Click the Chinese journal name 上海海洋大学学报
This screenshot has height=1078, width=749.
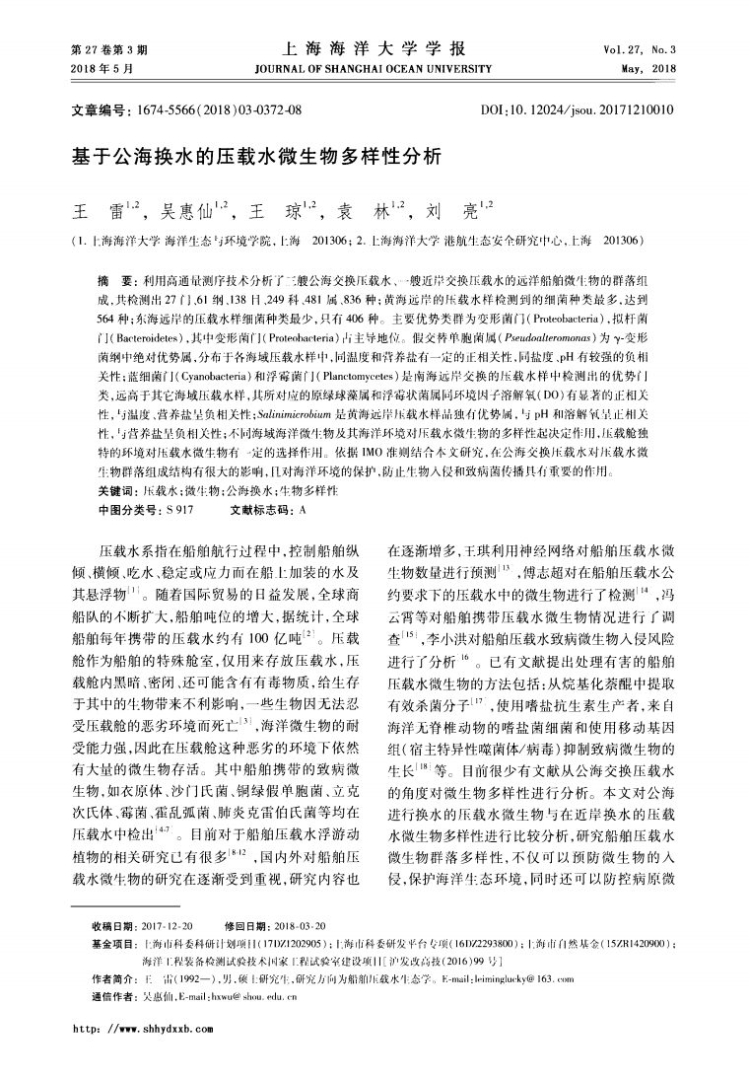click(373, 49)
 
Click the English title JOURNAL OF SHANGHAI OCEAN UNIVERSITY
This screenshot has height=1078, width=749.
click(373, 68)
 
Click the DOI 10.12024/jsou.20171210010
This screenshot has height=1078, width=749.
click(592, 109)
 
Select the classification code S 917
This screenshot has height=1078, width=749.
click(179, 510)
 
